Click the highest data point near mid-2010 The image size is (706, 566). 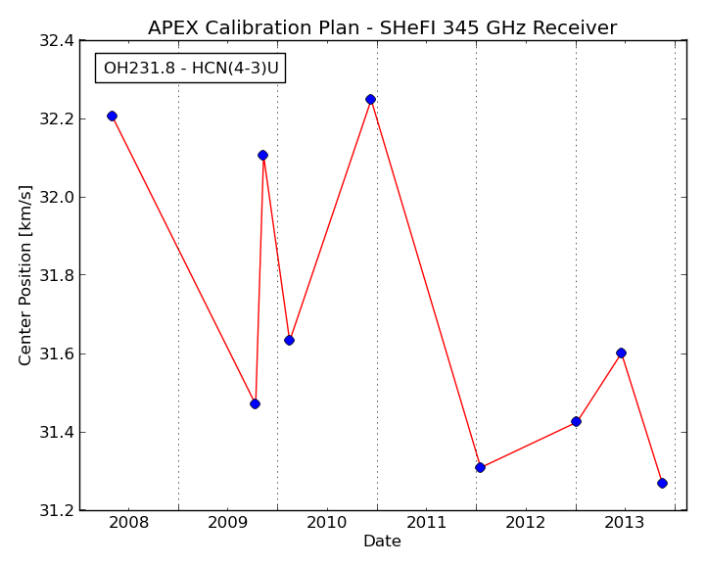point(370,100)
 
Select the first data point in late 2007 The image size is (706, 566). point(112,117)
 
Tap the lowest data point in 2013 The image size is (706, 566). point(662,483)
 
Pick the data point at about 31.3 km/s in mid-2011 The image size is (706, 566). point(480,468)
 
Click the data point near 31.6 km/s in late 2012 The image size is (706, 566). point(622,354)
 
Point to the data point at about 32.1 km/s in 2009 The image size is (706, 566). point(263,156)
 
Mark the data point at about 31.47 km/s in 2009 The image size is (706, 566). point(255,403)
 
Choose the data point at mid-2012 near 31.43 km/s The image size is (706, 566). point(576,422)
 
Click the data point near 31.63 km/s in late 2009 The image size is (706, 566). point(290,341)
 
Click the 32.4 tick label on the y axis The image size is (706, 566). point(57,41)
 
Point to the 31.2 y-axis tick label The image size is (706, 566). point(57,510)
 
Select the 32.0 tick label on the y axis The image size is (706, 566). point(57,197)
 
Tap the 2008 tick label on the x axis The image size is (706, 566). point(129,523)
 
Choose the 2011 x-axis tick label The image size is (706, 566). point(426,523)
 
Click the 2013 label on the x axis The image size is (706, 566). point(625,523)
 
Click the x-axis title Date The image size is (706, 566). point(382,541)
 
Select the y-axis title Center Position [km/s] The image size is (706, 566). point(24,275)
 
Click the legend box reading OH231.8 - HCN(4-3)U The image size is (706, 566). point(191,68)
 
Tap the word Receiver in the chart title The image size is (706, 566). point(575,28)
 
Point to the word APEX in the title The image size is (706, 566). point(173,28)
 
